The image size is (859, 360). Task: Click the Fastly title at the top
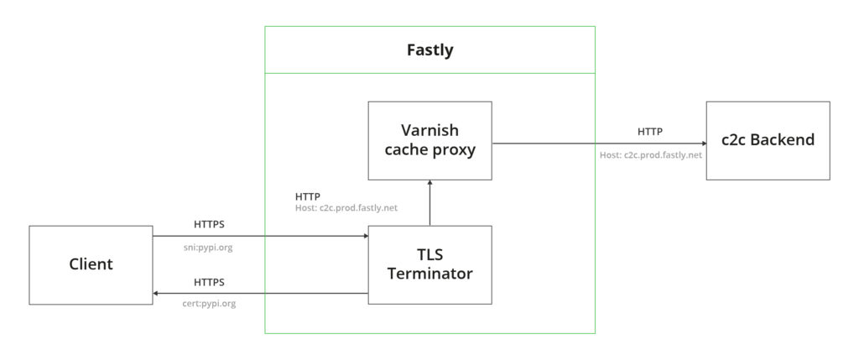pos(429,50)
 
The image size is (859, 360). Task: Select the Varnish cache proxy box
pos(429,140)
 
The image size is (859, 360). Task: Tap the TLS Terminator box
pos(429,264)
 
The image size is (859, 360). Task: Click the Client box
pos(91,264)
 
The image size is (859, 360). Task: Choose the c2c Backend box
pos(768,140)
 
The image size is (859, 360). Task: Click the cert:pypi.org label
pos(209,303)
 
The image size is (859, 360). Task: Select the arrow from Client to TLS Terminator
pos(260,237)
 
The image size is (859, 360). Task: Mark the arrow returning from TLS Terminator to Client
pos(260,294)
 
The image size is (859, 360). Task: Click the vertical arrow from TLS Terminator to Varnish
pos(429,202)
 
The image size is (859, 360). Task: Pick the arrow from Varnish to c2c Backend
pos(599,143)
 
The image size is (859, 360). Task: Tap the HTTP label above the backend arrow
pos(649,131)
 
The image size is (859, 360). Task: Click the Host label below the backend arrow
pos(650,155)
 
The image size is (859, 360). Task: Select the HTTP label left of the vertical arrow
pos(307,196)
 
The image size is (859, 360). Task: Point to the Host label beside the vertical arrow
pos(346,208)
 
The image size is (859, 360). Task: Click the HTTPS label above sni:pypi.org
pos(209,224)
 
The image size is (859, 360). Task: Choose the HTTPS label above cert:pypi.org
pos(209,282)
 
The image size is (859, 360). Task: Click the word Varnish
pos(429,131)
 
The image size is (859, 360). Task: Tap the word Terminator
pos(429,274)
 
